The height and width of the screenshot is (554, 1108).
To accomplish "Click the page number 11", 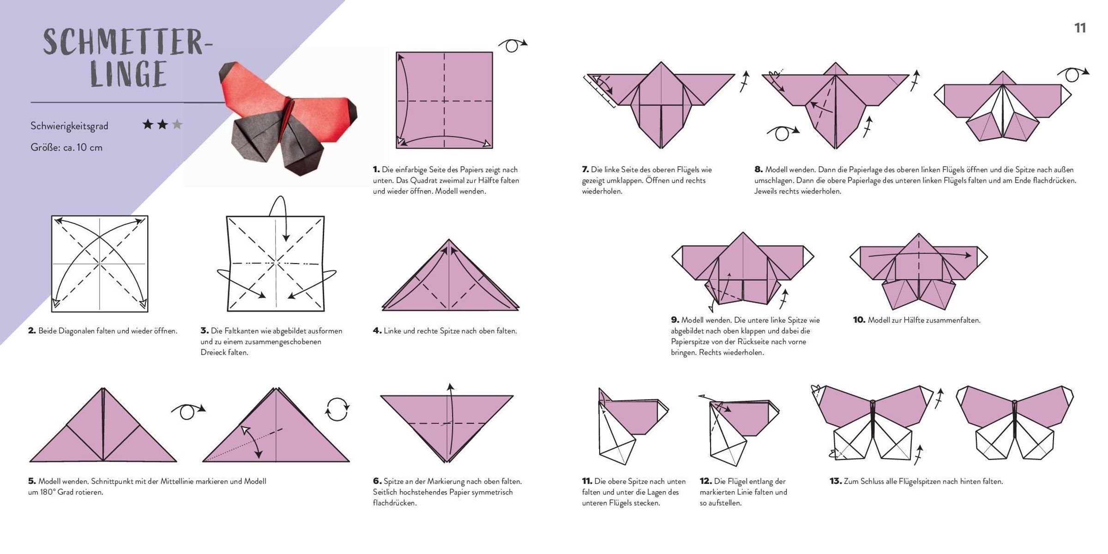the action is click(x=1080, y=28).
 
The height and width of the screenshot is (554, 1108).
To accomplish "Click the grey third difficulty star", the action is click(x=177, y=124).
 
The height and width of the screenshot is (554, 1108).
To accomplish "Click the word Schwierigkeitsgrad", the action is click(x=69, y=126).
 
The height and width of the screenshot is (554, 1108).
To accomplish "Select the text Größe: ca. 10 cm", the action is click(x=66, y=148).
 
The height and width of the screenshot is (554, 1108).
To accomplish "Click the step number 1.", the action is click(x=376, y=169).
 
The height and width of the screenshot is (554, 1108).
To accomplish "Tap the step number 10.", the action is click(x=859, y=320).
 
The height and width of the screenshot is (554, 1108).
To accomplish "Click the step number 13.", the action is click(x=835, y=481).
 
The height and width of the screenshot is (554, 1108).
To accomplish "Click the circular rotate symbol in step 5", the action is click(x=337, y=409).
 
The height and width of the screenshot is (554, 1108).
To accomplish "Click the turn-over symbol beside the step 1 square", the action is click(x=512, y=45).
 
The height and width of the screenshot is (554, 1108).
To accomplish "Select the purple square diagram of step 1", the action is click(x=444, y=100).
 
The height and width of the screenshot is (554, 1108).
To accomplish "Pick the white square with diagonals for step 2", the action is click(x=100, y=264).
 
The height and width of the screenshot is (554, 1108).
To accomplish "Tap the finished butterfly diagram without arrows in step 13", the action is click(x=1015, y=422).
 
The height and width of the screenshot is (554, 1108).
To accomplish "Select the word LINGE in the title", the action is click(x=128, y=73).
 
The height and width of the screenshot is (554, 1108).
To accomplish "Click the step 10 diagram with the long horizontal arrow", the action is click(x=919, y=271).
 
